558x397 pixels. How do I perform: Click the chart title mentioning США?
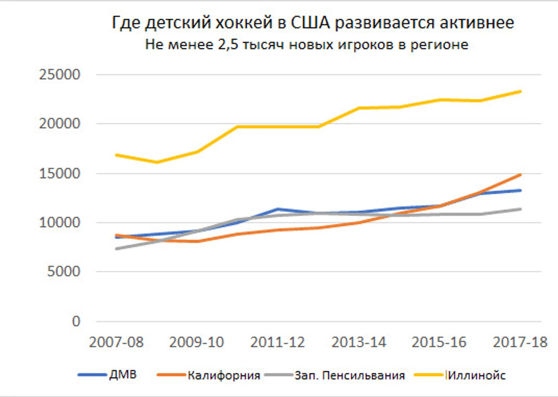coord(313,23)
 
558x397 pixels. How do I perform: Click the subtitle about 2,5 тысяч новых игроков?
coord(307,45)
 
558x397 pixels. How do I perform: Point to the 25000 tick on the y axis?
coord(60,75)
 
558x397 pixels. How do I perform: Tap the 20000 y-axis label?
coord(60,124)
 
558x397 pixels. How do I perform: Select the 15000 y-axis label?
coord(60,173)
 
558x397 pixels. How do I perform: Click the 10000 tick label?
coord(60,223)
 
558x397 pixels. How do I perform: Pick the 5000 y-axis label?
coord(63,272)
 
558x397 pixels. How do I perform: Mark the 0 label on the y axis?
coord(76,322)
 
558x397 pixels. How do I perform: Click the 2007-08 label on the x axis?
coord(116,342)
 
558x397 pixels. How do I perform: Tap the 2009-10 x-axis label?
coord(196,342)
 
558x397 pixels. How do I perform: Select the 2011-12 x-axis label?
coord(277,342)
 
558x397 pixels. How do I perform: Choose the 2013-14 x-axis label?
coord(358,342)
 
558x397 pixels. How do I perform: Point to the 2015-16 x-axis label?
coord(439,342)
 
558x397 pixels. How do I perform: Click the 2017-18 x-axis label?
coord(520,342)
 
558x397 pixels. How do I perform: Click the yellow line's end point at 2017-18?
coord(520,91)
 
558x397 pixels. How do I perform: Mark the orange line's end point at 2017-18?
coord(520,175)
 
